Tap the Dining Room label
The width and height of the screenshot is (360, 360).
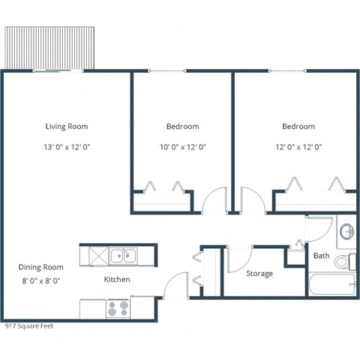point(41,267)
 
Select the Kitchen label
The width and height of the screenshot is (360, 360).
point(117,280)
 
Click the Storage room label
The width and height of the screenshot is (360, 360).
point(259,274)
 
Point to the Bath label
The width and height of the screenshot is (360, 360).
point(321,256)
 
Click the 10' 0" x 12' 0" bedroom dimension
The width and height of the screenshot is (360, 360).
point(182,147)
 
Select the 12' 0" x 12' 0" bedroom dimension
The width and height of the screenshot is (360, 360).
point(298,147)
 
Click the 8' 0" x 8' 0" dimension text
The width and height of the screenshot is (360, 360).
point(41,280)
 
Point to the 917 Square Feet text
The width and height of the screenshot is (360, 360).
point(28,326)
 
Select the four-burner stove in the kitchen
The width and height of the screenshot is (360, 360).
point(118,307)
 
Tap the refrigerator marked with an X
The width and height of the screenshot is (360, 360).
point(94,256)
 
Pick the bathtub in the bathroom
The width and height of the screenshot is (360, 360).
point(331,284)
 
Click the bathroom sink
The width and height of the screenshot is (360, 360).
point(347,231)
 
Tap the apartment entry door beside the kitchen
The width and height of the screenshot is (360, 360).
point(172,286)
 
